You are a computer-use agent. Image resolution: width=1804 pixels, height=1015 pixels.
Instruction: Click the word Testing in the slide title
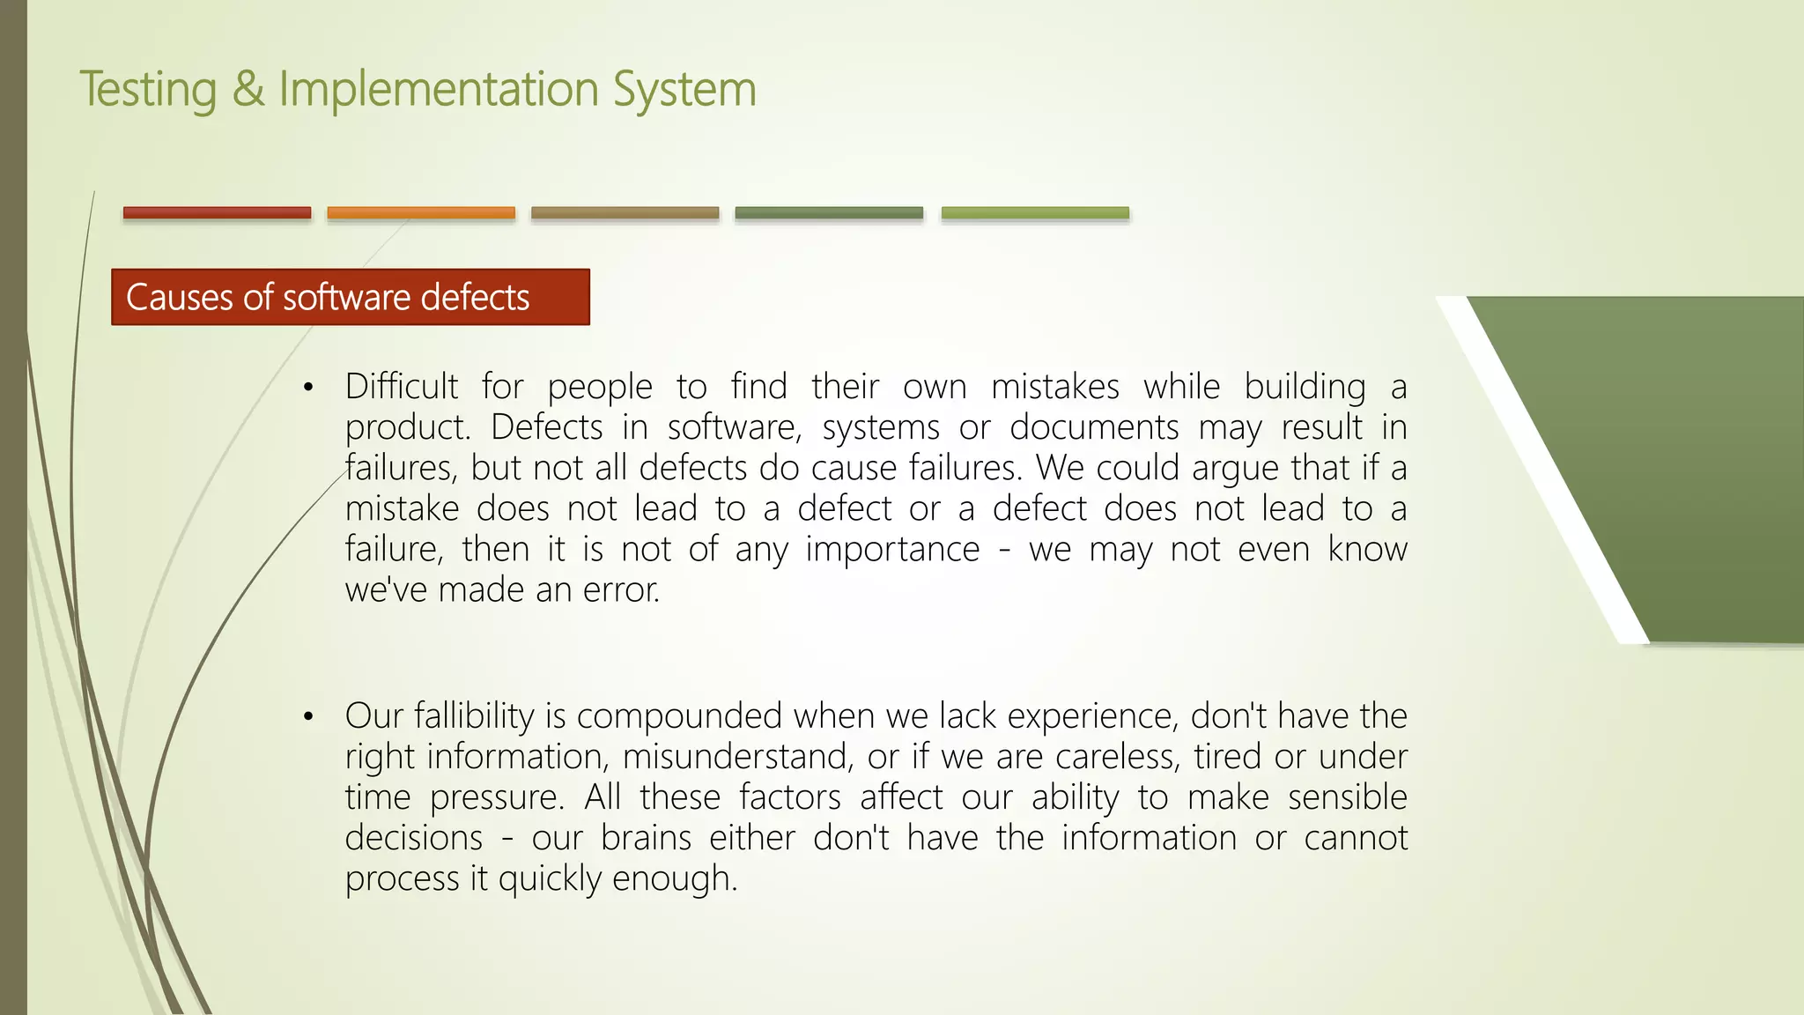point(148,90)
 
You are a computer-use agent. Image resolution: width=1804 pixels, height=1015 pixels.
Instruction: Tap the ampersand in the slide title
point(248,90)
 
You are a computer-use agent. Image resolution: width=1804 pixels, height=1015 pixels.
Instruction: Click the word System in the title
point(684,90)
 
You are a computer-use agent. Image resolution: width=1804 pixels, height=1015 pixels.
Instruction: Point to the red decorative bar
point(217,212)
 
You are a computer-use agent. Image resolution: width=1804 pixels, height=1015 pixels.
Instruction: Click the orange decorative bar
point(421,212)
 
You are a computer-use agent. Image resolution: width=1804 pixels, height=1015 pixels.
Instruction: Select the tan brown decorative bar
point(625,212)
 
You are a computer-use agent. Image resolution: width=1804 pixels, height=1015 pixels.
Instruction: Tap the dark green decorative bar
point(829,212)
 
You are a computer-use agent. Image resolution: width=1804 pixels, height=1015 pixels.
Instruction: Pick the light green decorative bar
point(1035,212)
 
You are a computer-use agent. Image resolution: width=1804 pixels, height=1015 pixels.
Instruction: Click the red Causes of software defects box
point(350,297)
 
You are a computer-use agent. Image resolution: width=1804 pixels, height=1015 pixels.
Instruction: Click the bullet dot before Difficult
point(307,388)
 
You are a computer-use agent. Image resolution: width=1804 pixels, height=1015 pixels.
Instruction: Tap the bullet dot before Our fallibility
point(307,717)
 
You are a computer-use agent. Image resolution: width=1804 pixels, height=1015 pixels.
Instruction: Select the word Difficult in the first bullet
point(401,387)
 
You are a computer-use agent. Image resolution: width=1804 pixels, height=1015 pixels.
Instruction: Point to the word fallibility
point(474,716)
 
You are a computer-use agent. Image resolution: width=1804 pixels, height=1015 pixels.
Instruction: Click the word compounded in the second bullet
point(679,716)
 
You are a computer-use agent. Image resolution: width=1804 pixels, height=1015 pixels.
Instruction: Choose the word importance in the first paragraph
point(892,549)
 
